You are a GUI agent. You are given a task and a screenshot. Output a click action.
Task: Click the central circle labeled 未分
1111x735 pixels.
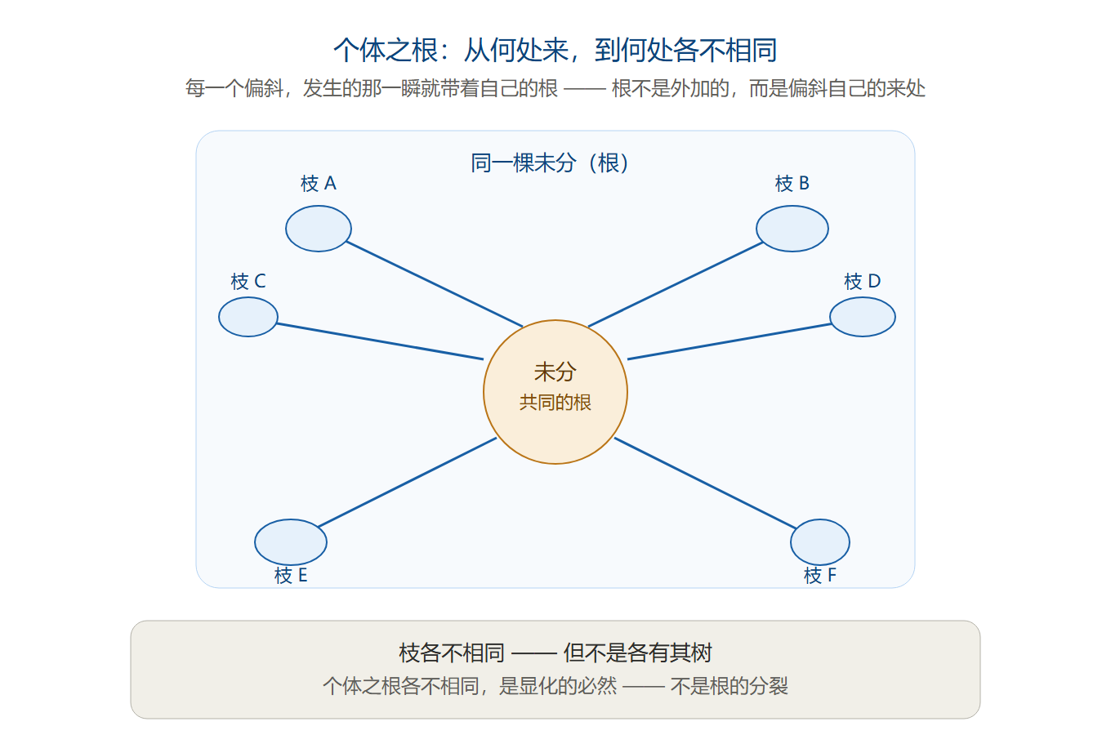coord(555,392)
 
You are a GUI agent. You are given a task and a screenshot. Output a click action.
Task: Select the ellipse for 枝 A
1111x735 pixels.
coord(319,229)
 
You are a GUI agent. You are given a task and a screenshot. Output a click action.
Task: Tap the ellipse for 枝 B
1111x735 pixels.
coord(792,229)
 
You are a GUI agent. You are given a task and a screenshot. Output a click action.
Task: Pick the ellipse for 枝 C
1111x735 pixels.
coord(248,317)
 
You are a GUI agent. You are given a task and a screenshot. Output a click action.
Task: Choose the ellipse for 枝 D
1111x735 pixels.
coord(863,317)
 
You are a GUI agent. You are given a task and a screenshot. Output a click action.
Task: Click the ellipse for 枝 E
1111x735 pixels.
coord(291,542)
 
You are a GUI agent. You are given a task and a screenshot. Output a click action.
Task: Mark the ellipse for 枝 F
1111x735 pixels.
coord(820,542)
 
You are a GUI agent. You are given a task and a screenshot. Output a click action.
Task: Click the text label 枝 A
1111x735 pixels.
coord(319,184)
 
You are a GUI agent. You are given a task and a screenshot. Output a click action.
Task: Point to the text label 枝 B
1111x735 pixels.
coord(792,184)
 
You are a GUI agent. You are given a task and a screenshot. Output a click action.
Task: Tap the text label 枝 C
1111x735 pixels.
coord(248,281)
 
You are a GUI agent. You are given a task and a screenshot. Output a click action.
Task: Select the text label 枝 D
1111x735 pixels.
coord(863,281)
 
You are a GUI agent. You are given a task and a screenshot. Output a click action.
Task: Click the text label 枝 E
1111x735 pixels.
coord(291,575)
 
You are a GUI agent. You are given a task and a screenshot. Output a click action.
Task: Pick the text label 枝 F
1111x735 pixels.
coord(820,575)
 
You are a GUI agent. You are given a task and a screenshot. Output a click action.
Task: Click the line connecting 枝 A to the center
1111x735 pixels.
coord(435,284)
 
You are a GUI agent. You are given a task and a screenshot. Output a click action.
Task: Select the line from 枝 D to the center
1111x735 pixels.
coord(729,341)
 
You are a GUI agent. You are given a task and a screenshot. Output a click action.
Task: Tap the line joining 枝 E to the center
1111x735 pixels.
coord(407,482)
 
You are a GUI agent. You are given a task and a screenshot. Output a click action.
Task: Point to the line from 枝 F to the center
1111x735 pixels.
coord(705,483)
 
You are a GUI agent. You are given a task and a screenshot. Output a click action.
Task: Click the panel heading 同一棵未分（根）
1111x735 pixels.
coord(550,163)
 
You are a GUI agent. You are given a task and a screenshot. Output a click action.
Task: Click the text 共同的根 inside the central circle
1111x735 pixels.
coord(555,403)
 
